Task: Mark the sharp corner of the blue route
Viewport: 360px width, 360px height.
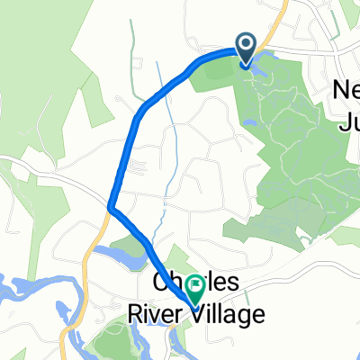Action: click(110, 207)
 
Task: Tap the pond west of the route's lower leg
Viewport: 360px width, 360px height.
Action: click(121, 256)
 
